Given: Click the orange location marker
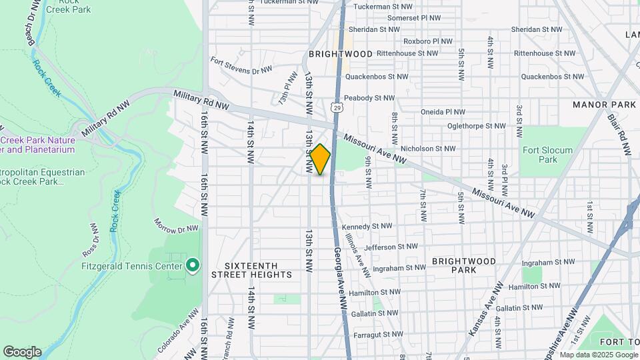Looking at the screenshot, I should [320, 159].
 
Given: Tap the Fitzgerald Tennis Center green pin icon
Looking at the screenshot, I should [193, 266].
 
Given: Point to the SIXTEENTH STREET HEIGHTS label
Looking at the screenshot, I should [251, 269].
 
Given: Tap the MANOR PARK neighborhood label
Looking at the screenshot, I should [604, 105].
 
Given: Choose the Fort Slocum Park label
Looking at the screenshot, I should [547, 155].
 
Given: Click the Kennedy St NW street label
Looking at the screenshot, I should [365, 227].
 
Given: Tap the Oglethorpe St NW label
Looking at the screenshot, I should [477, 125].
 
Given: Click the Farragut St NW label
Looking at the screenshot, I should [378, 334].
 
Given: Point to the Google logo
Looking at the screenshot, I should [22, 351].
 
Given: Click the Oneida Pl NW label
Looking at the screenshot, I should [442, 112].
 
